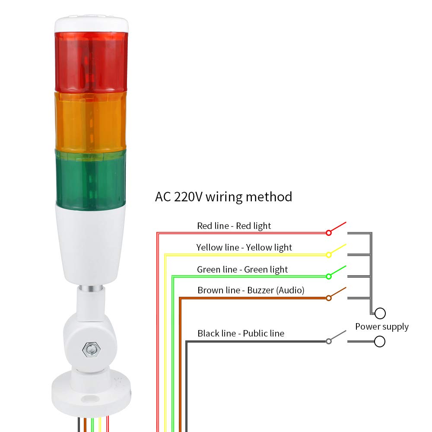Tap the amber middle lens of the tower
coord(91,120)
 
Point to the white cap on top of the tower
coord(91,24)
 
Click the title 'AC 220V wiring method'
coord(223,197)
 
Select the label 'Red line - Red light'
coord(234,226)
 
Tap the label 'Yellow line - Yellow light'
coord(244,248)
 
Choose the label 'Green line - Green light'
coord(242,270)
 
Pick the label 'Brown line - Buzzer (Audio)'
coord(251,290)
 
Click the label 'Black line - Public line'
coord(241,334)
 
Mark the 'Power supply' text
coord(382,327)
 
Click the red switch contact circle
coord(329,233)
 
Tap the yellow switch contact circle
coord(329,255)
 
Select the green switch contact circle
coord(329,276)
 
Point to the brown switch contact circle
coord(329,298)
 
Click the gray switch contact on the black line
coord(329,341)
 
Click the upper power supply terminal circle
coord(380,313)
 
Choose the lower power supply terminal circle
coord(380,342)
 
